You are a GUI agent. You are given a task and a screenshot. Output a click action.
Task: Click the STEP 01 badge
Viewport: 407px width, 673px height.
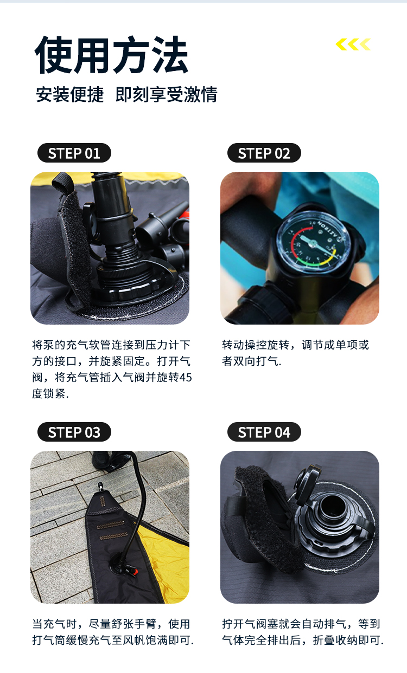coord(74,153)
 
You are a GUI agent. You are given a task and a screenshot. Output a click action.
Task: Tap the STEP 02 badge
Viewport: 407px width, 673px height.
coord(264,153)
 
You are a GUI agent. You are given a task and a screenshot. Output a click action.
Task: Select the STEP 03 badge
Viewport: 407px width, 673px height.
coord(74,432)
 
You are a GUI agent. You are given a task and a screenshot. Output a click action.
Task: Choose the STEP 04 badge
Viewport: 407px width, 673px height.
coord(264,432)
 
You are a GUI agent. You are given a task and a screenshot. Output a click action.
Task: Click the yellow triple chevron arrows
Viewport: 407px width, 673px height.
coord(353,44)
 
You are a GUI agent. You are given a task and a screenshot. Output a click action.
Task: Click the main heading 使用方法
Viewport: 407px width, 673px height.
coord(111,55)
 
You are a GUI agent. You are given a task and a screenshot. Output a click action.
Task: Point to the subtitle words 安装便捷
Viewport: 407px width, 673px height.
coord(70,94)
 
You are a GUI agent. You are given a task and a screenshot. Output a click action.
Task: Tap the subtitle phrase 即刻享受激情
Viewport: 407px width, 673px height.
coord(167,94)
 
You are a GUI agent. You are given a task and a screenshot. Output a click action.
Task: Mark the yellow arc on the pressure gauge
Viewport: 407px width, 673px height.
coord(325,261)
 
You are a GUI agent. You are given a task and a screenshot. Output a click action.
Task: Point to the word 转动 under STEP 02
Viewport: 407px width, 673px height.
coord(233,345)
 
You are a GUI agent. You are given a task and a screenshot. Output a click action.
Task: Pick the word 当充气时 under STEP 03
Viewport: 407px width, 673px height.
coord(55,624)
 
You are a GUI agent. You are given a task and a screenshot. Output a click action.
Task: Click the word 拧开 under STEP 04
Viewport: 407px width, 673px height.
coord(233,624)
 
